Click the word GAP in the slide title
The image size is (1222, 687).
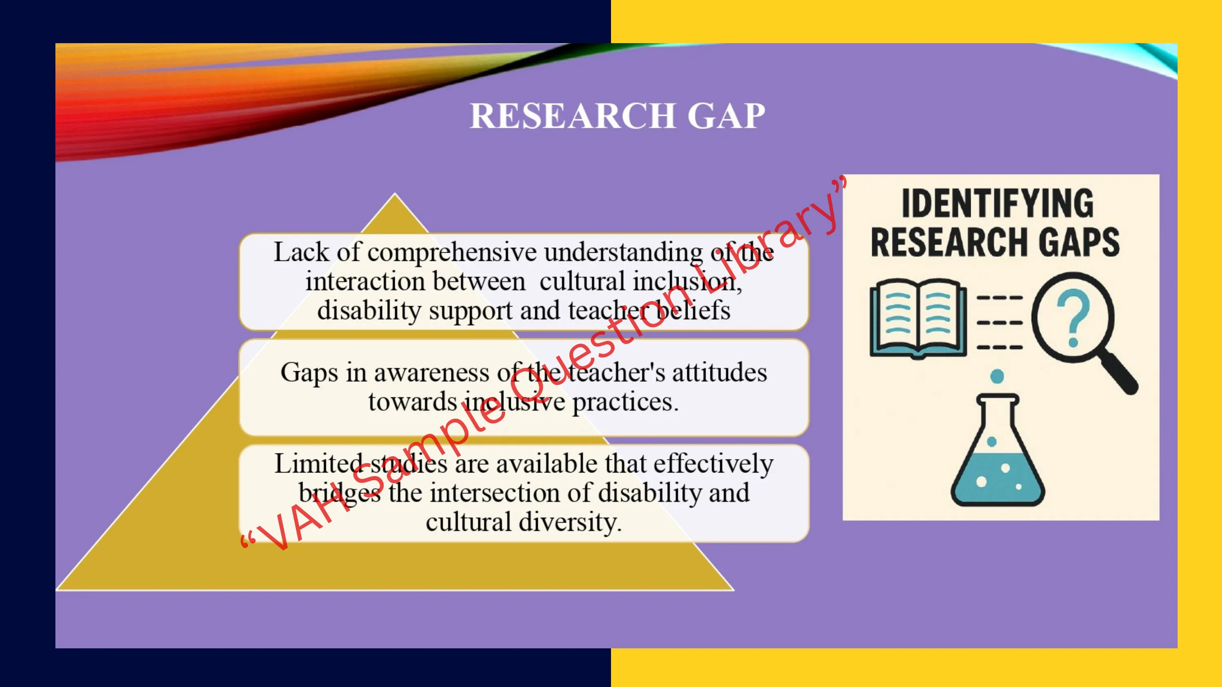coord(726,116)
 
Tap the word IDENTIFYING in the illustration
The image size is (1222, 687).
coord(998,203)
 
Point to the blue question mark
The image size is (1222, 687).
coord(1073,318)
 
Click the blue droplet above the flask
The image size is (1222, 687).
coord(997,376)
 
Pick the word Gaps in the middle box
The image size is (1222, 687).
coord(309,373)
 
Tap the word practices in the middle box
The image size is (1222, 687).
coord(625,402)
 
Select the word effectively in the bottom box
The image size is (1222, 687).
coord(714,464)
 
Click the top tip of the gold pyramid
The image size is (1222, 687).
coord(395,193)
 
